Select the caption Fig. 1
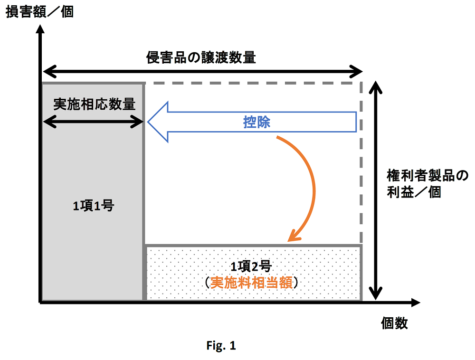[x=221, y=346]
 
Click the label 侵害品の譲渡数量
[x=201, y=57]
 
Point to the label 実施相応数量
[x=94, y=104]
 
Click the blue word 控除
[x=256, y=123]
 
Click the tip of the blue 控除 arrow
[x=149, y=122]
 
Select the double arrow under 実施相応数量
[x=94, y=122]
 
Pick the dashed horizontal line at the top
[x=252, y=83]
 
